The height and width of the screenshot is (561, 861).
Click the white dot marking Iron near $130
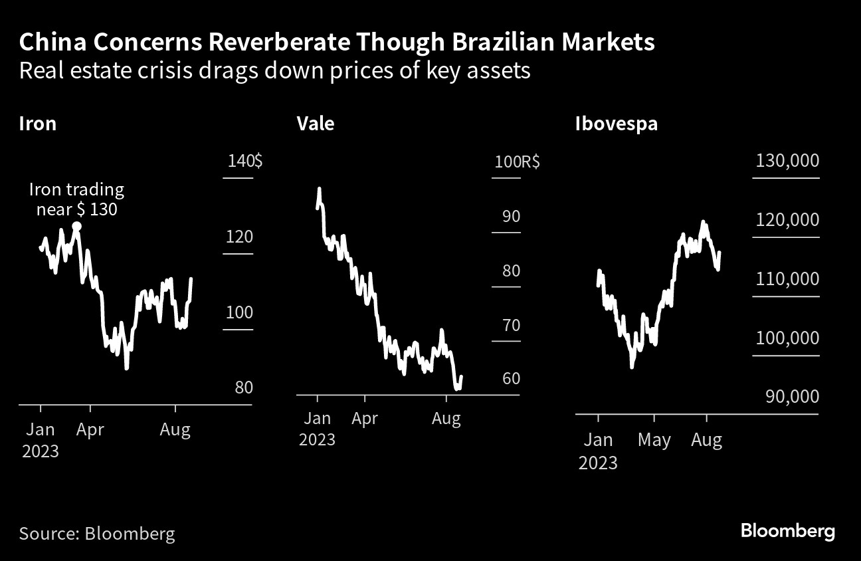coord(77,227)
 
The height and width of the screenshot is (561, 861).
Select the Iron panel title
coord(38,124)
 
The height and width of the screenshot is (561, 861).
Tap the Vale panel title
coord(316,124)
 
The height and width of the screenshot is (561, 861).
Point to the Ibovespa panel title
coord(617,124)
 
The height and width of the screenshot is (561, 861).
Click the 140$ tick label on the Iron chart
coord(244,162)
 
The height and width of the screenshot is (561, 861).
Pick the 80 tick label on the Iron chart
coord(244,387)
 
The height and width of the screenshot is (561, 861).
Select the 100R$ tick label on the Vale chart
coord(516,162)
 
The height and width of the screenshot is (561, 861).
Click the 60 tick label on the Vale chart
coord(511,379)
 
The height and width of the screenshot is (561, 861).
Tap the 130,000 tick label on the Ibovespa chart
coord(787,162)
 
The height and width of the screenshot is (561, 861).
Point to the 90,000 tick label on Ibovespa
coord(791,397)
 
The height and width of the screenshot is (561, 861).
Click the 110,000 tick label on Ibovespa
coord(787,279)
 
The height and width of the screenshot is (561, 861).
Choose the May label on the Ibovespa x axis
coord(654,440)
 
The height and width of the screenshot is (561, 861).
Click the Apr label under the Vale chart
coord(365,419)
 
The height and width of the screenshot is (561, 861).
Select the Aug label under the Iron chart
coord(175,429)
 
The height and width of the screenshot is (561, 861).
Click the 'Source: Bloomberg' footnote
coord(97,533)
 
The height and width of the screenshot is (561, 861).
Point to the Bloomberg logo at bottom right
coord(787,532)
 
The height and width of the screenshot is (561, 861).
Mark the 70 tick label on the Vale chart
coord(511,325)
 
